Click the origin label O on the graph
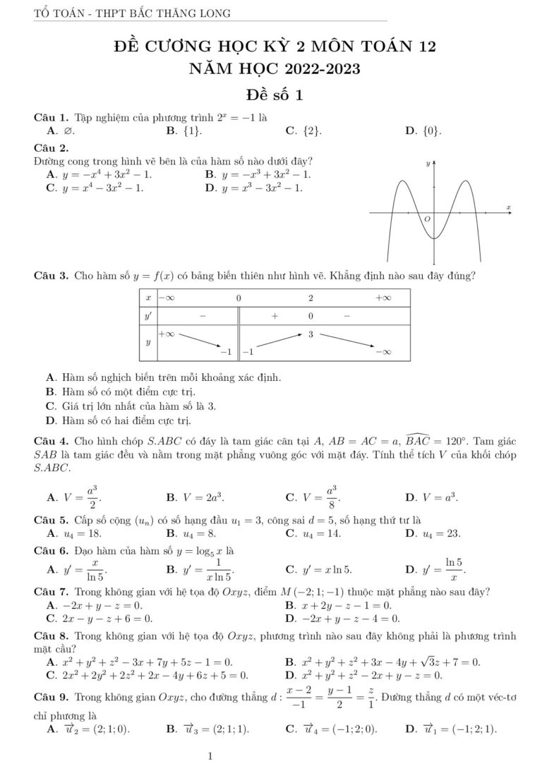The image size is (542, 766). [x=427, y=220]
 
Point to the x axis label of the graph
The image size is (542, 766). [x=507, y=207]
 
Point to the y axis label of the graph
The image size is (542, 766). [x=426, y=164]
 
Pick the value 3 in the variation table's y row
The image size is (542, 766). [x=311, y=334]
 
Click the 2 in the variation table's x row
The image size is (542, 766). [x=311, y=298]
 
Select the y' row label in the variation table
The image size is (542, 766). [x=147, y=316]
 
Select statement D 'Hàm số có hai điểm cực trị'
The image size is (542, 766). [x=118, y=421]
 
